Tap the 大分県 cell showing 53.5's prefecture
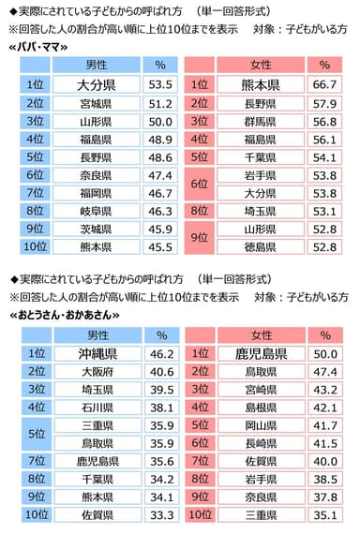96,85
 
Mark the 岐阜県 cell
96,212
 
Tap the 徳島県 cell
260,247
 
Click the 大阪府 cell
96,374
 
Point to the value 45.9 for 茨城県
159,230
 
